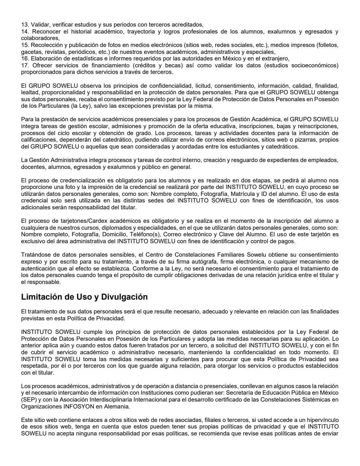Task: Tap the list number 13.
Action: pyautogui.click(x=25, y=25)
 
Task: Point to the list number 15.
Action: pyautogui.click(x=25, y=45)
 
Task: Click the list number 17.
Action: pyautogui.click(x=25, y=66)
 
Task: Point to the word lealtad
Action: pyautogui.click(x=29, y=92)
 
